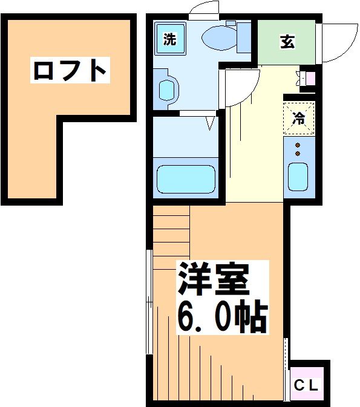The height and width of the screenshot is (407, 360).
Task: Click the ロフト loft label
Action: point(70,71)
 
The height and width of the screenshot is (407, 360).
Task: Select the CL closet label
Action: point(308,385)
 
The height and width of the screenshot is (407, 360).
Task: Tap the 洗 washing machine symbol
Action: point(171,40)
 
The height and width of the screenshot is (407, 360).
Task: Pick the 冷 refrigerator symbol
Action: point(298,118)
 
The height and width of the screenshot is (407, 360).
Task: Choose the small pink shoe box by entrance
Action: point(310,77)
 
